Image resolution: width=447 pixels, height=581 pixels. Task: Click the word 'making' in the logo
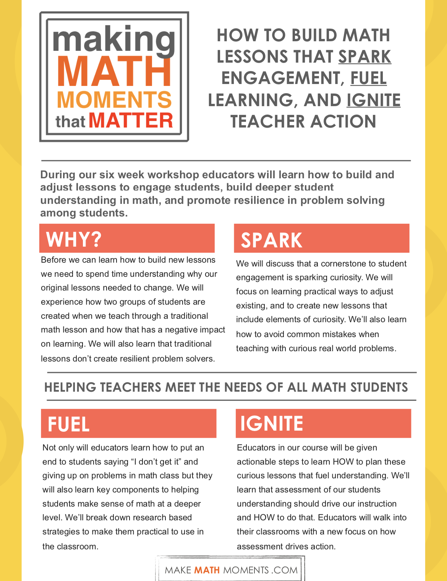click(114, 39)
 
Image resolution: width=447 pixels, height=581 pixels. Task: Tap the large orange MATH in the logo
click(114, 71)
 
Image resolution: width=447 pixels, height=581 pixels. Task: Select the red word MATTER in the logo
click(131, 121)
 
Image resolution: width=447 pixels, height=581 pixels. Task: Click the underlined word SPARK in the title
click(364, 56)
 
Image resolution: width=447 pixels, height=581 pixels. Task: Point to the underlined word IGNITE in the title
click(373, 100)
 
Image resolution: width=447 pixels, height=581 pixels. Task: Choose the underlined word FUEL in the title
click(368, 78)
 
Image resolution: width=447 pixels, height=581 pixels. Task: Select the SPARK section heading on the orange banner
click(271, 240)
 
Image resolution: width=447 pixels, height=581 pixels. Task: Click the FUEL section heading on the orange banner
click(69, 424)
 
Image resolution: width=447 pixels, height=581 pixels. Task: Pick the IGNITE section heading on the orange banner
click(271, 424)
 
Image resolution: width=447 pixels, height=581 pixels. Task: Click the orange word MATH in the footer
click(207, 570)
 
